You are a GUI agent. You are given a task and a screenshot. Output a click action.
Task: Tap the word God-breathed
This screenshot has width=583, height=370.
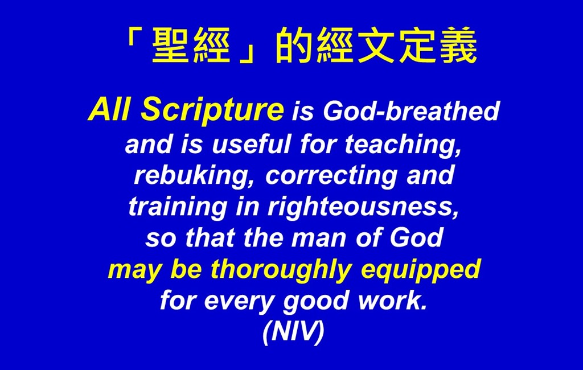(411, 111)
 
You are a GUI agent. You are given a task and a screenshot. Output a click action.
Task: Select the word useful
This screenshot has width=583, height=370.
(251, 144)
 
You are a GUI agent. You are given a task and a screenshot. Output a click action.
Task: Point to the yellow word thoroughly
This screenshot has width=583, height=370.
(281, 270)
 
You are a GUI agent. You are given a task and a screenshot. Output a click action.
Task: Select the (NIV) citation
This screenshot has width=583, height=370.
(293, 332)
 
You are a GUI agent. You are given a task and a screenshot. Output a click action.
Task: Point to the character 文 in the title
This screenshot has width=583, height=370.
(376, 45)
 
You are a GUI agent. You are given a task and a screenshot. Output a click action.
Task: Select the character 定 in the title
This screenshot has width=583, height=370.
(417, 45)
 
